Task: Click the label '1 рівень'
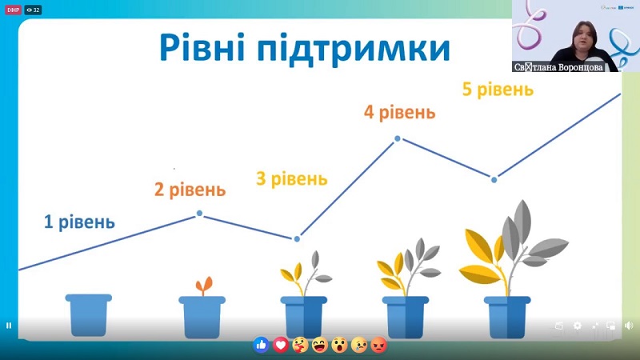pos(79,222)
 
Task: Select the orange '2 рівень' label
pos(190,190)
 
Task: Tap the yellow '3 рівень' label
pos(292,178)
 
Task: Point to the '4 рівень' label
pos(399,113)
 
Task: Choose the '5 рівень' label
pos(498,90)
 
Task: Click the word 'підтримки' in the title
pos(354,49)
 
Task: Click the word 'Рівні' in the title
pos(202,48)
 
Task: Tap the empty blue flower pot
pos(89,314)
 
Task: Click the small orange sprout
pos(204,286)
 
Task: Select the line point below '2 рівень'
pos(199,213)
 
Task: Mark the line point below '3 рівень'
pos(297,238)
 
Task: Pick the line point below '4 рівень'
pos(398,138)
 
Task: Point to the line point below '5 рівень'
pos(494,179)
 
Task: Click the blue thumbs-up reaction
pos(262,346)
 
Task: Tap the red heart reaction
pos(281,346)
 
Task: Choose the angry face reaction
pos(378,346)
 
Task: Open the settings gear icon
pos(577,326)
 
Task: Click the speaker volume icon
pos(629,326)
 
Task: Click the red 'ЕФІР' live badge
pos(13,10)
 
